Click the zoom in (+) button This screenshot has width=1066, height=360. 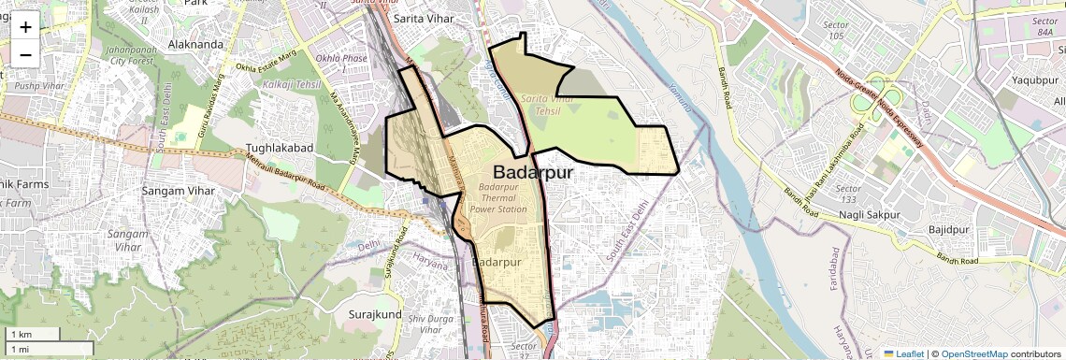pyautogui.click(x=25, y=27)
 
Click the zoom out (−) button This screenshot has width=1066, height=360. pyautogui.click(x=25, y=53)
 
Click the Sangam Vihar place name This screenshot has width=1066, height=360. pyautogui.click(x=178, y=191)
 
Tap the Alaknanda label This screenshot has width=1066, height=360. pyautogui.click(x=193, y=43)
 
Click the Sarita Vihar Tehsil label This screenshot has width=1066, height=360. pyautogui.click(x=547, y=104)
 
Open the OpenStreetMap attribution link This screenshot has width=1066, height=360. pyautogui.click(x=974, y=353)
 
